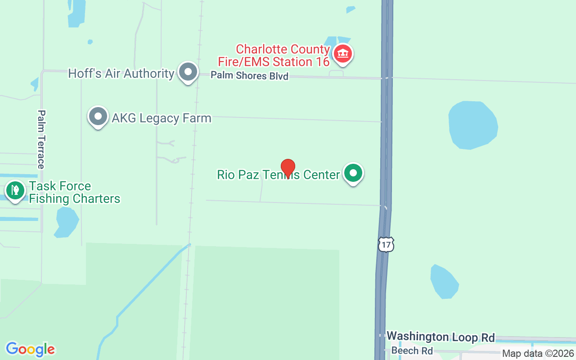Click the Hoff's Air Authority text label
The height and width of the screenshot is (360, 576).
pyautogui.click(x=121, y=73)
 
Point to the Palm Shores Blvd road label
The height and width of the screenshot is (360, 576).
pyautogui.click(x=249, y=76)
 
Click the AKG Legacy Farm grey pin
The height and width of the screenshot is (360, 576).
pyautogui.click(x=98, y=117)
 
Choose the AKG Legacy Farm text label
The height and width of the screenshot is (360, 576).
pyautogui.click(x=161, y=118)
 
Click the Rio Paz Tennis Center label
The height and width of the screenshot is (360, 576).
pyautogui.click(x=278, y=175)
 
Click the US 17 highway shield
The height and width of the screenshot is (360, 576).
pyautogui.click(x=386, y=244)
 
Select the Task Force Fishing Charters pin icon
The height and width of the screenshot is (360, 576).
pyautogui.click(x=15, y=190)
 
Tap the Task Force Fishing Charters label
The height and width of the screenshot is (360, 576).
pyautogui.click(x=74, y=192)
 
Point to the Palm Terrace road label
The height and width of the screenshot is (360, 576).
pyautogui.click(x=41, y=139)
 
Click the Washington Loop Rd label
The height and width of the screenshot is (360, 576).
pyautogui.click(x=441, y=337)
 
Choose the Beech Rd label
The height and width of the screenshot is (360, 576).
pyautogui.click(x=412, y=351)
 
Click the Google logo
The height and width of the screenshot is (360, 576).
pyautogui.click(x=30, y=349)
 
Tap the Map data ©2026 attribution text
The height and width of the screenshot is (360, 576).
pyautogui.click(x=538, y=353)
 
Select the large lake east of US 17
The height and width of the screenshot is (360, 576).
pyautogui.click(x=472, y=125)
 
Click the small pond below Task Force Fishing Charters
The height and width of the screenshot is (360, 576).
pyautogui.click(x=67, y=221)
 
